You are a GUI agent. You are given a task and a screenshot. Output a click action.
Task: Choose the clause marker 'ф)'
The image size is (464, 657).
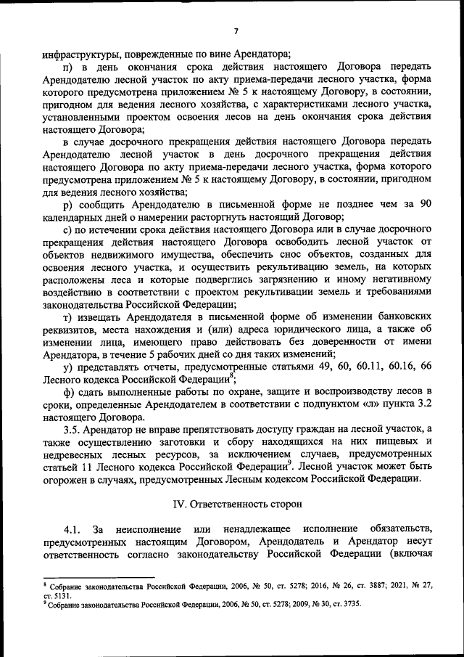[70, 392]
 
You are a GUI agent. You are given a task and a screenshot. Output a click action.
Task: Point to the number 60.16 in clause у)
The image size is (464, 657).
[393, 367]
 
